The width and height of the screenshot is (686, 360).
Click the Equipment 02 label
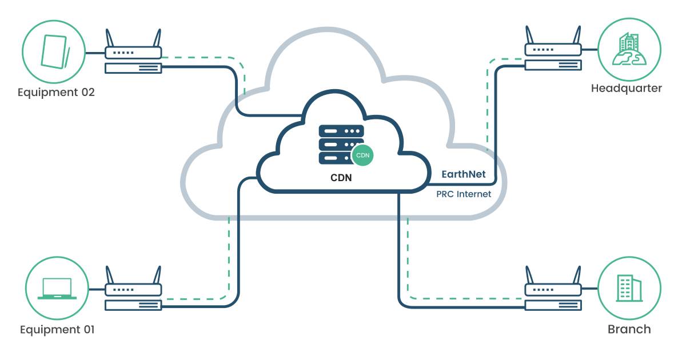(x=56, y=92)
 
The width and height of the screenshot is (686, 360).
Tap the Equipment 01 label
(x=57, y=330)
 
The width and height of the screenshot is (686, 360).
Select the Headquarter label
(x=627, y=89)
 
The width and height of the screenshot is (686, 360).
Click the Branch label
(x=629, y=329)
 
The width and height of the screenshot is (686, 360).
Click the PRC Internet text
(x=464, y=194)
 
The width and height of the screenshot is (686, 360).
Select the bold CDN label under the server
(x=341, y=178)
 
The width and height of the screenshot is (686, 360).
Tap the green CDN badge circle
(x=362, y=155)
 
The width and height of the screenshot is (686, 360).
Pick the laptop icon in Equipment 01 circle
(x=57, y=289)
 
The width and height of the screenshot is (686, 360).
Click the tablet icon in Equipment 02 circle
(x=55, y=51)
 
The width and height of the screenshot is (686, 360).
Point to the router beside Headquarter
(x=553, y=57)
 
